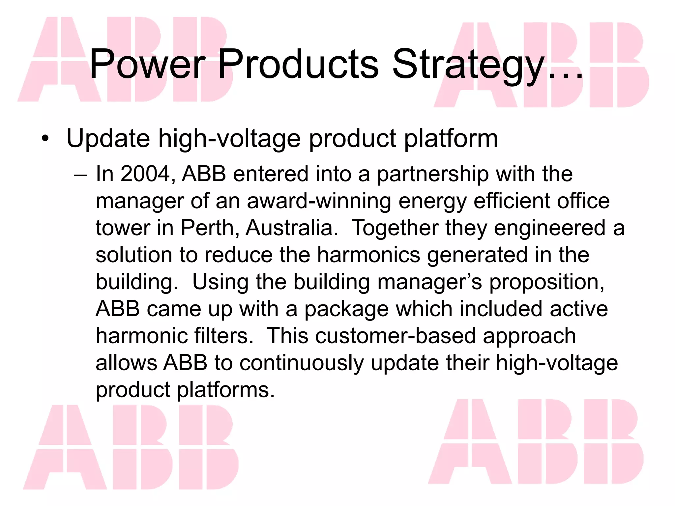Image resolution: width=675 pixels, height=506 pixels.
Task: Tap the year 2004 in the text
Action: [145, 174]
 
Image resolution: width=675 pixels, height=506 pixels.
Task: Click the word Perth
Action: [208, 228]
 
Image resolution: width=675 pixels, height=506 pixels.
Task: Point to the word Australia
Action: [292, 228]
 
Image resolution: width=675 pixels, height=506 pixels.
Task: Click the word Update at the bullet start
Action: [108, 138]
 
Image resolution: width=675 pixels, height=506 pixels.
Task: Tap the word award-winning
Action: [319, 201]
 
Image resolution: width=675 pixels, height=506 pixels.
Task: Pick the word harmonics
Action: [368, 255]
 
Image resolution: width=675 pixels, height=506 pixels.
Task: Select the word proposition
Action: [546, 282]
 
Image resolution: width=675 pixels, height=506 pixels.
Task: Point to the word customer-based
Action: [395, 336]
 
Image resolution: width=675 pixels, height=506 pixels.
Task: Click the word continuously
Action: [302, 363]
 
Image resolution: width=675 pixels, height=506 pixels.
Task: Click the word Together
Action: [395, 228]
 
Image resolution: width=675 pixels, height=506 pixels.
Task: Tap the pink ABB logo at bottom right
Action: [536, 441]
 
